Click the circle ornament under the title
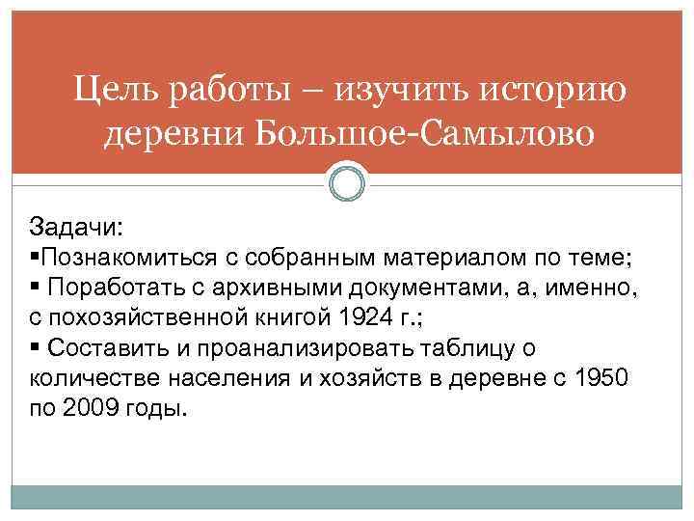click(347, 183)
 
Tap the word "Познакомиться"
click(131, 258)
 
